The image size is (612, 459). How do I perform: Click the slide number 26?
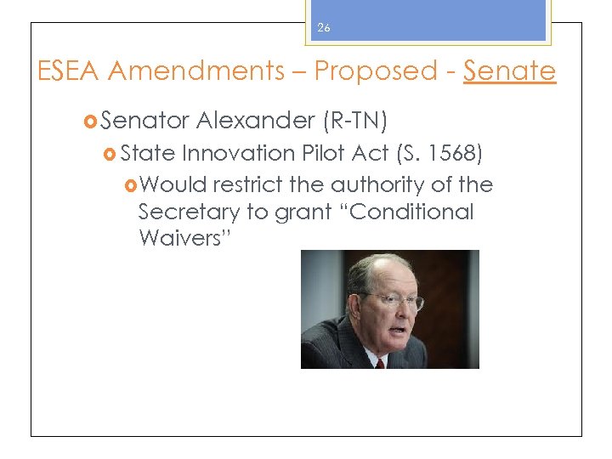pos(323,28)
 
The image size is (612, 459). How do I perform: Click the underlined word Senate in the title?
pos(509,71)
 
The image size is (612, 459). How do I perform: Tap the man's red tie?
pos(379,362)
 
